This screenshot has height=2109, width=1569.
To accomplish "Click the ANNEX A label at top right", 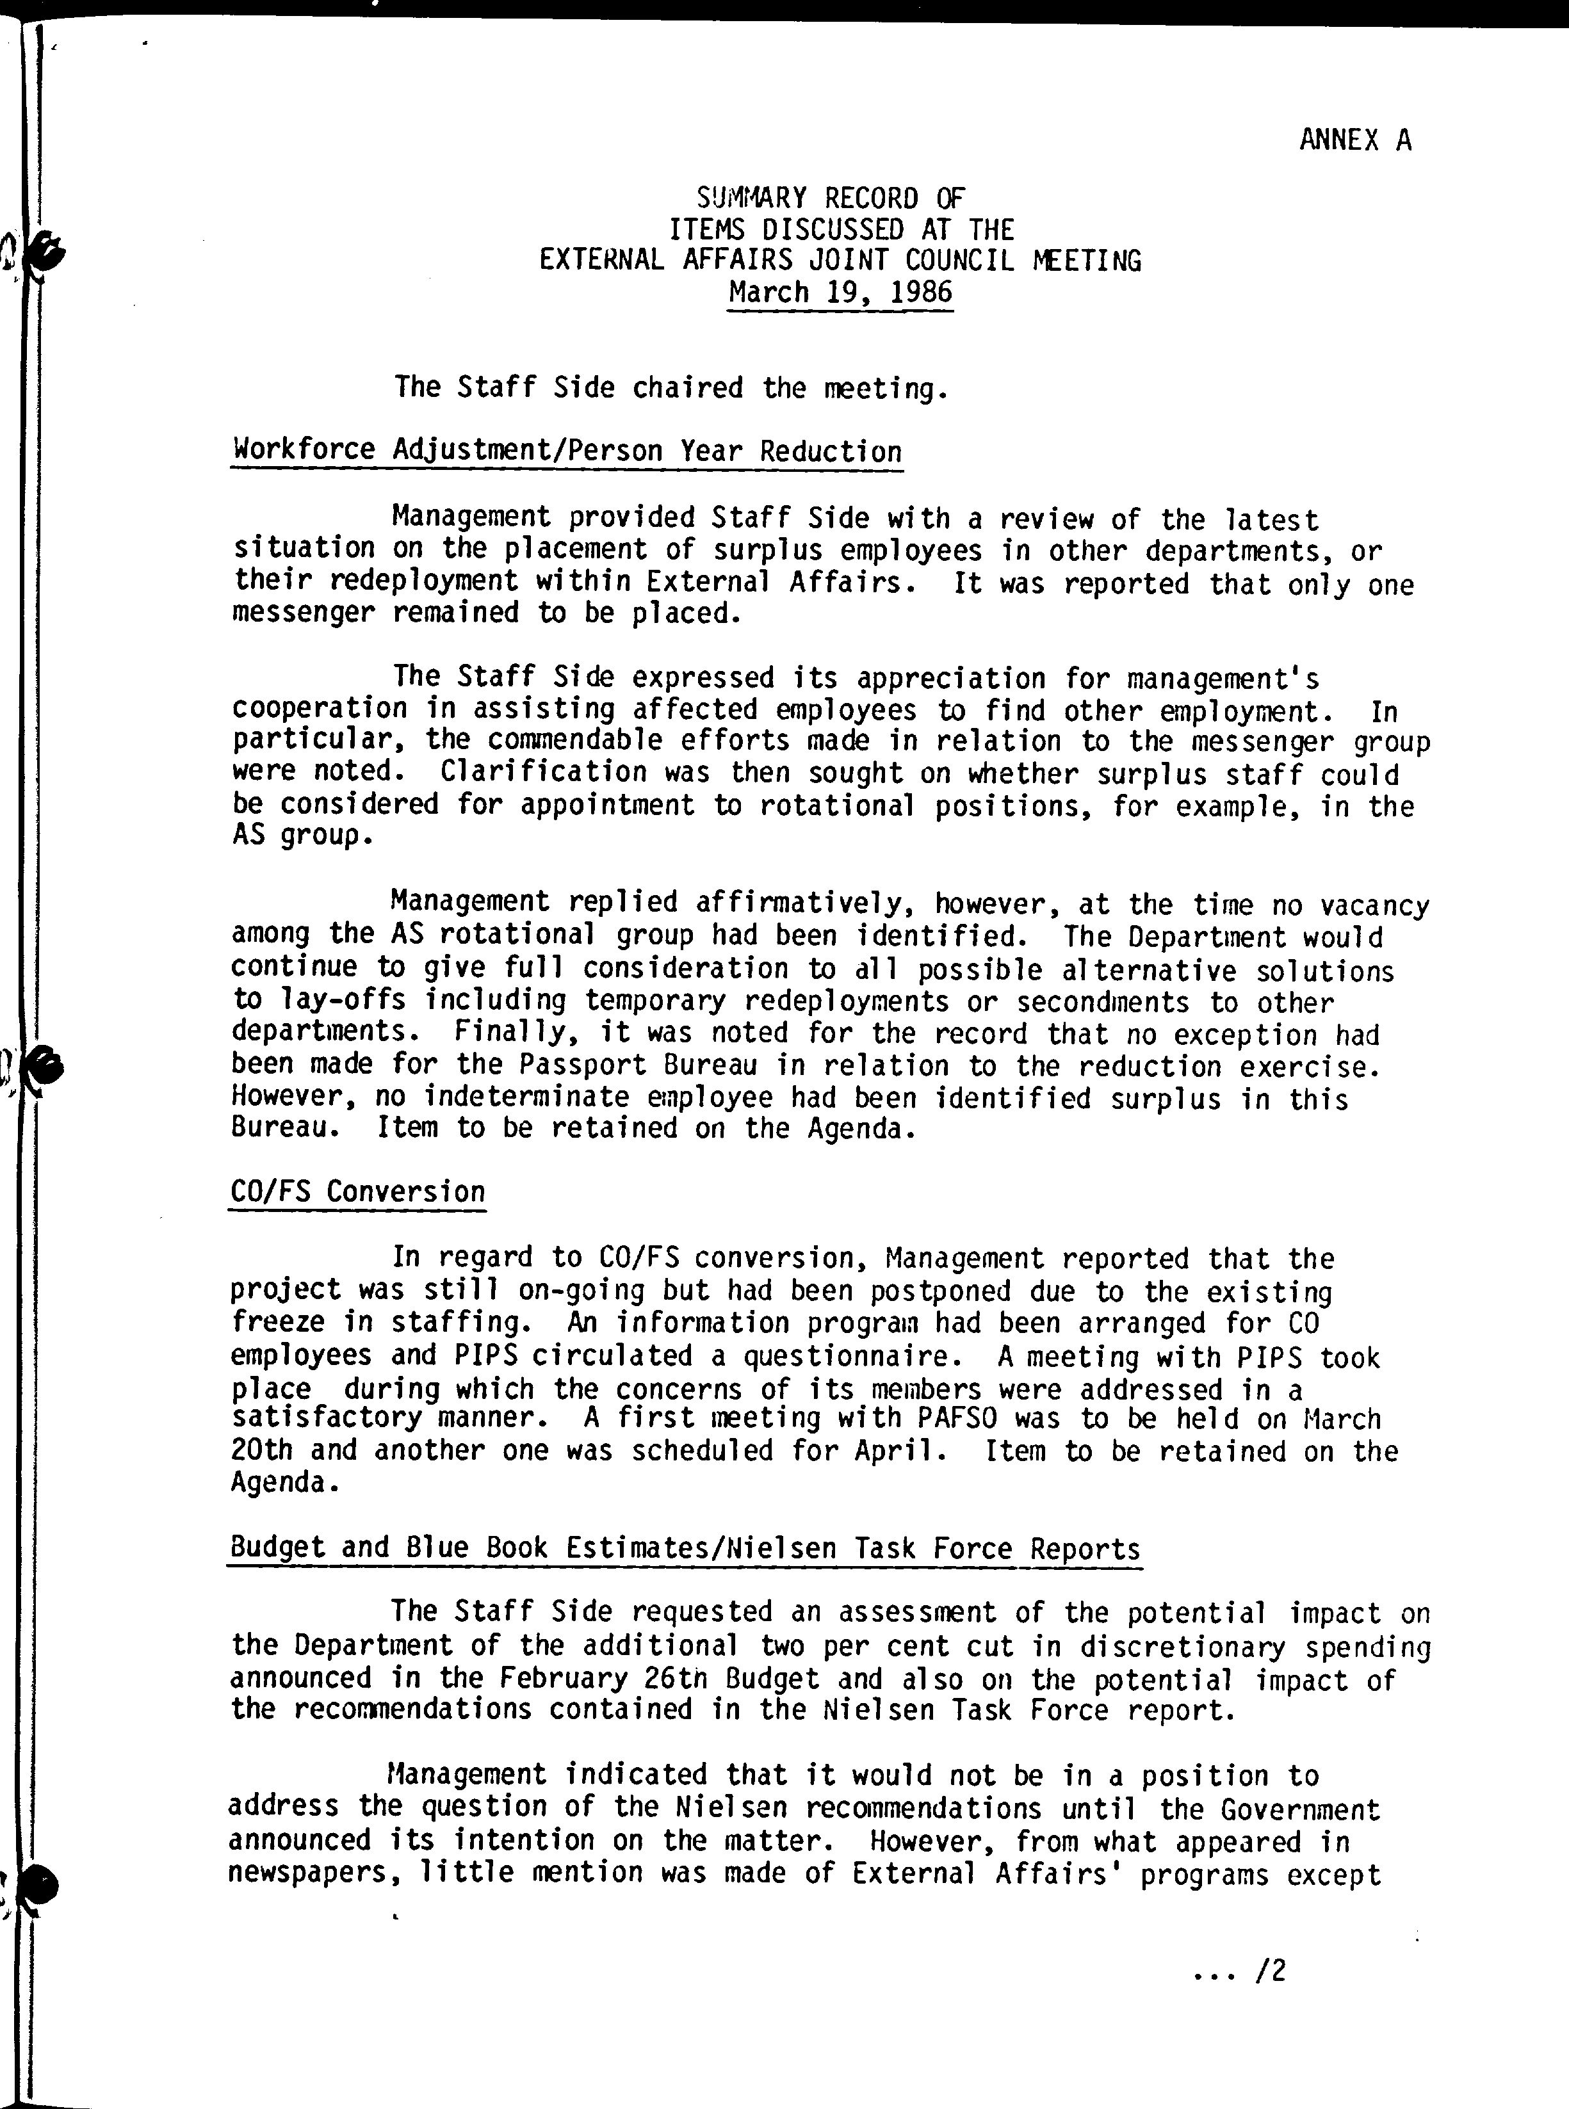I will tap(1354, 141).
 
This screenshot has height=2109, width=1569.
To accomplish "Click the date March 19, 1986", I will tap(840, 291).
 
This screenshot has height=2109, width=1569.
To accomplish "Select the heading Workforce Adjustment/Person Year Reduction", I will tap(566, 450).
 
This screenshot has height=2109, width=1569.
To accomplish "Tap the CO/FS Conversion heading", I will tap(357, 1192).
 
